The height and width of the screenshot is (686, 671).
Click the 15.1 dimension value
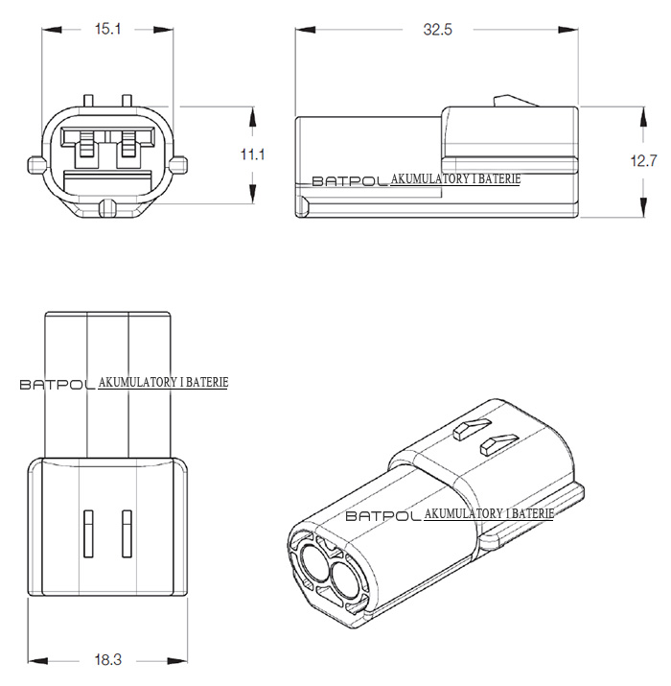[x=107, y=30]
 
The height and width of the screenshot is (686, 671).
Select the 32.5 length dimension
[x=437, y=30]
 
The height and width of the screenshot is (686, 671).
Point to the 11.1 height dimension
[x=252, y=154]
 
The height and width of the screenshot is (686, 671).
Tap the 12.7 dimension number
[x=643, y=160]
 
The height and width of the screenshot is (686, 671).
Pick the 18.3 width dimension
[x=108, y=659]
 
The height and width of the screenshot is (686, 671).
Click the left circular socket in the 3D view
[x=313, y=563]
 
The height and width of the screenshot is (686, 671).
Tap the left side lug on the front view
[x=36, y=165]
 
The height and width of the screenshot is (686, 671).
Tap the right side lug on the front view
[x=179, y=165]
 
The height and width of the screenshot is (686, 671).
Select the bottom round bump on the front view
[x=107, y=207]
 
